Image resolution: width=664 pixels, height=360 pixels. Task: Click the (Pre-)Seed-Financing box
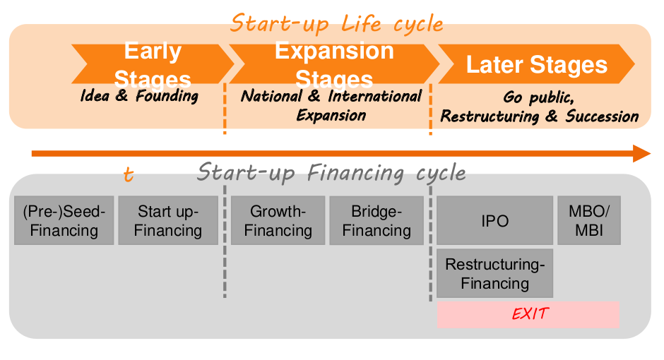pyautogui.click(x=64, y=220)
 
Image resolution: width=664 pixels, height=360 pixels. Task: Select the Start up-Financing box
pyautogui.click(x=168, y=220)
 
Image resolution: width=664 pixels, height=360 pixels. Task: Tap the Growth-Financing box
pyautogui.click(x=278, y=220)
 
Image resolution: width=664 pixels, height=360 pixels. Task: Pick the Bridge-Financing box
pyautogui.click(x=377, y=220)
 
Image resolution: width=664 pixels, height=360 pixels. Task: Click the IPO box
pyautogui.click(x=494, y=220)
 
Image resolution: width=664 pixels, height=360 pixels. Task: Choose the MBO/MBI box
pyautogui.click(x=589, y=220)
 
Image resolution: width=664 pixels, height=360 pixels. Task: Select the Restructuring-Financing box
pyautogui.click(x=494, y=273)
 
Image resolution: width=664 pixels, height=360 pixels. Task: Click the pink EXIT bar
pyautogui.click(x=528, y=314)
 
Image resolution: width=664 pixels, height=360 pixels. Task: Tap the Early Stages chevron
pyautogui.click(x=153, y=64)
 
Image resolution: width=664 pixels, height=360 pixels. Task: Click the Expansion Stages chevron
pyautogui.click(x=335, y=64)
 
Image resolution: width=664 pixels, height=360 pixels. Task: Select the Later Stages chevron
pyautogui.click(x=537, y=64)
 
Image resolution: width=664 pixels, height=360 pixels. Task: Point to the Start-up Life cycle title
pyautogui.click(x=337, y=23)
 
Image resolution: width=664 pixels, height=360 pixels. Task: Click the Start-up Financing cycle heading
pyautogui.click(x=331, y=173)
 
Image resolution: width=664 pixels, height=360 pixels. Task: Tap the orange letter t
pyautogui.click(x=129, y=174)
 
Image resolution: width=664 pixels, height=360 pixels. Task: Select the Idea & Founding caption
pyautogui.click(x=139, y=95)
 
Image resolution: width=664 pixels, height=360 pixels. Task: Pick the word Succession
pyautogui.click(x=602, y=116)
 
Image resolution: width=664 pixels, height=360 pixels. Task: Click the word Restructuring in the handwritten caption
pyautogui.click(x=490, y=116)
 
